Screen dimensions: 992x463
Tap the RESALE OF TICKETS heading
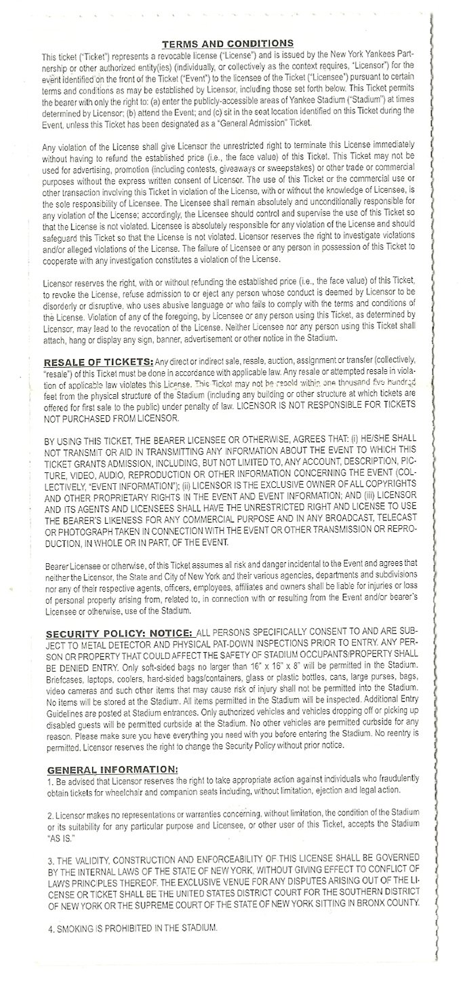[x=98, y=360]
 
